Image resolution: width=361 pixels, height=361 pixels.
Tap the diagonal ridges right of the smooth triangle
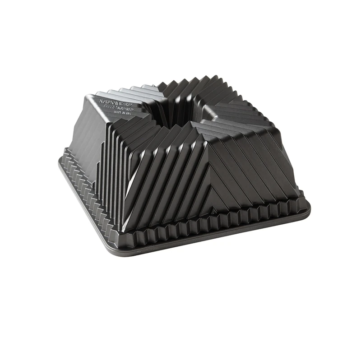257,162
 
